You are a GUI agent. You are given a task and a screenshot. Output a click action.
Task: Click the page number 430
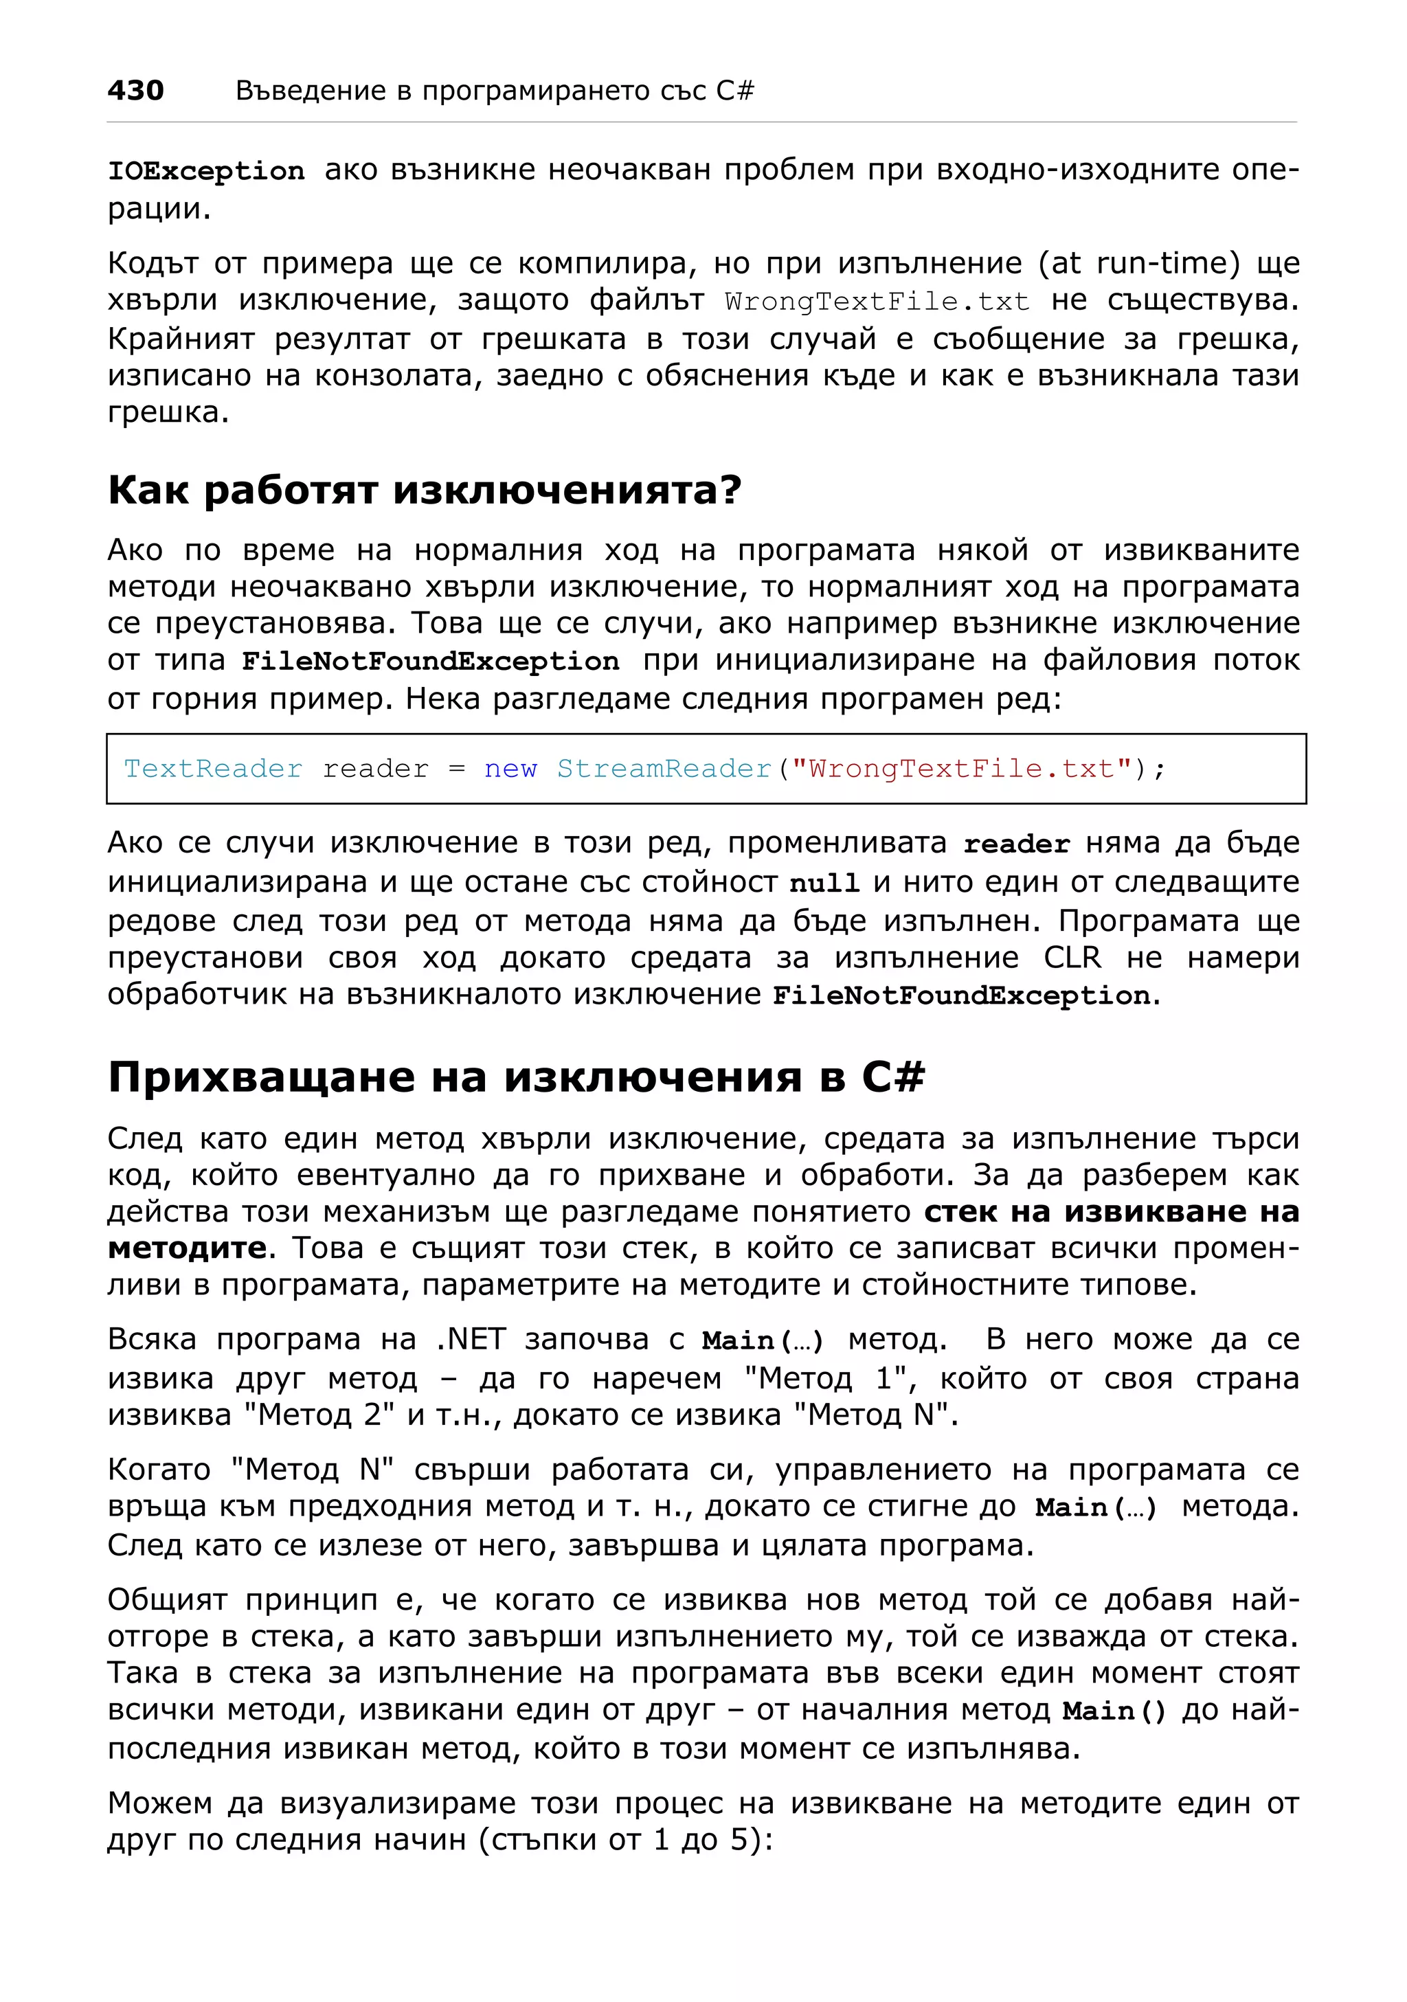click(135, 90)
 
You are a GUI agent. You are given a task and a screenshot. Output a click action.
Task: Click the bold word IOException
click(205, 171)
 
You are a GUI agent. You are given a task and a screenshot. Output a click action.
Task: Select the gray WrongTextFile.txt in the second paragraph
click(876, 302)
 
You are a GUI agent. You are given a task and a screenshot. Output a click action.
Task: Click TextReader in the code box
click(213, 768)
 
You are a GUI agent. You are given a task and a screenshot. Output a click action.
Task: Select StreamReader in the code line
click(664, 768)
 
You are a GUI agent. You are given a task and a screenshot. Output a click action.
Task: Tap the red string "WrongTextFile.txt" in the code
click(962, 768)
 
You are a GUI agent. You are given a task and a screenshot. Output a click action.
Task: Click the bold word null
click(824, 884)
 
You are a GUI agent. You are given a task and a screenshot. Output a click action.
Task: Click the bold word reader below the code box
click(1015, 844)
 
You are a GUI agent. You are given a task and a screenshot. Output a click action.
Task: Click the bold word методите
click(187, 1248)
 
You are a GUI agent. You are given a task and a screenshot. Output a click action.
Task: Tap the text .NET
click(469, 1338)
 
